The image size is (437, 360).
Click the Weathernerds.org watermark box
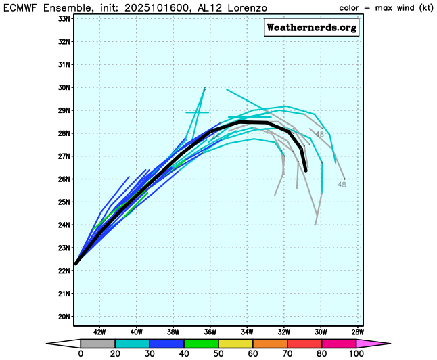311,28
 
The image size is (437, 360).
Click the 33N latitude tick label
64,18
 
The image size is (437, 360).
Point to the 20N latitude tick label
64,317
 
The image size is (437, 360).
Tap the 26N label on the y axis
64,179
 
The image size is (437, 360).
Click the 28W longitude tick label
358,332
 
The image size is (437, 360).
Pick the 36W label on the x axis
210,332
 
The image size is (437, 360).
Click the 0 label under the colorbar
80,353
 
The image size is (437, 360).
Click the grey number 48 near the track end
342,184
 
